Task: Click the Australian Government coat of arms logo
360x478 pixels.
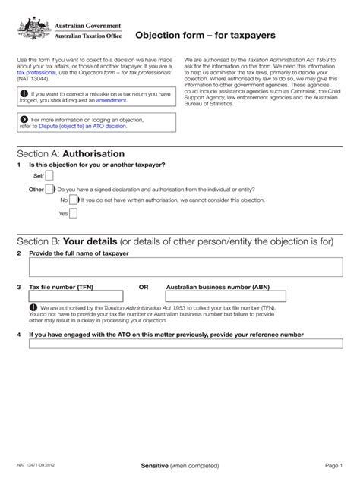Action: click(33, 31)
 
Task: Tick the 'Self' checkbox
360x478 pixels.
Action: click(49, 175)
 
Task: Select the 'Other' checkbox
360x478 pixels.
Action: click(50, 189)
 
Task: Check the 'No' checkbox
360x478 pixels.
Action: click(74, 200)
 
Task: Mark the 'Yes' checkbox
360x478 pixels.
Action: click(74, 213)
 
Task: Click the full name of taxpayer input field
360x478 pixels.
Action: click(181, 268)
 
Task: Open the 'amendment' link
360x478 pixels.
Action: click(112, 100)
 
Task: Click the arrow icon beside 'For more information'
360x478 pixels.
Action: click(24, 119)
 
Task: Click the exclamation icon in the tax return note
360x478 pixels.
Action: click(24, 93)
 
